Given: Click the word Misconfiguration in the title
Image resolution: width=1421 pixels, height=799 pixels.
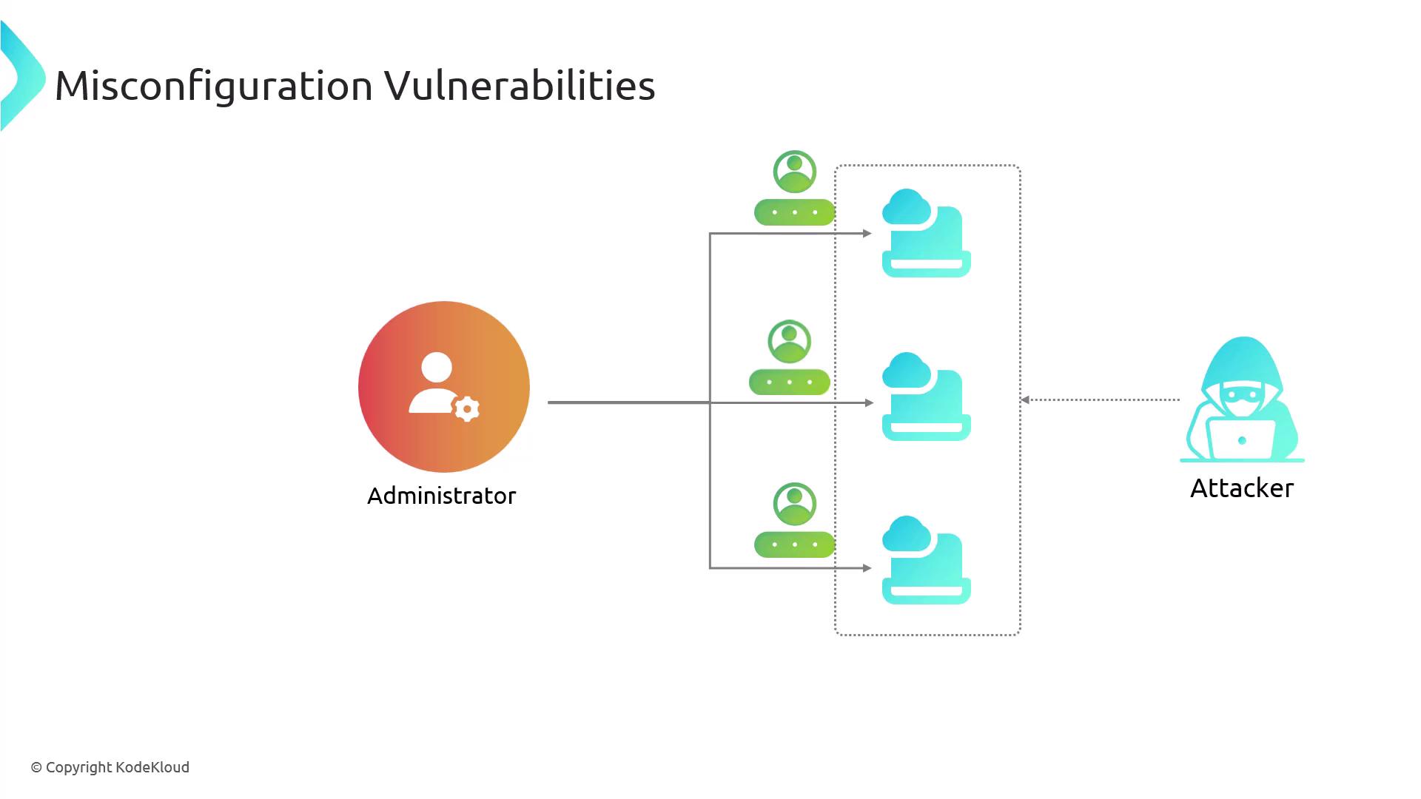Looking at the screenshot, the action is [x=214, y=86].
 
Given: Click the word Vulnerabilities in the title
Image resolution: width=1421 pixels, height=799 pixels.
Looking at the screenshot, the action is [x=520, y=85].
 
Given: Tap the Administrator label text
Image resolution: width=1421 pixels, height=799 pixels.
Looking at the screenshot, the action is [x=442, y=496].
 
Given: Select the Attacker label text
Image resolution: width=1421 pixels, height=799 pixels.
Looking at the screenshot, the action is [x=1242, y=488].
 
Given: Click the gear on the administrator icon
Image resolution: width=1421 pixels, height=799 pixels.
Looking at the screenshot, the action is [x=467, y=409].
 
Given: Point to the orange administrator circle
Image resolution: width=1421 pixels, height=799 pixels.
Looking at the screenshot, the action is [x=444, y=386].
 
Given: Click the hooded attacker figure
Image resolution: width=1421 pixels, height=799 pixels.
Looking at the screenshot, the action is [x=1243, y=399].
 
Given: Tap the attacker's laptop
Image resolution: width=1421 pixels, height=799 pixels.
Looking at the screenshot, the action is [x=1241, y=439].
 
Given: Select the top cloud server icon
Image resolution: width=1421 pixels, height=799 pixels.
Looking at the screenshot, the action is [x=926, y=233].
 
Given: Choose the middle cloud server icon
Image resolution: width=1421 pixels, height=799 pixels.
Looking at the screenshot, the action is [x=926, y=397].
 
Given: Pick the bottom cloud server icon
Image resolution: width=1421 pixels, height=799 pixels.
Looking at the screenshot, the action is [x=926, y=560].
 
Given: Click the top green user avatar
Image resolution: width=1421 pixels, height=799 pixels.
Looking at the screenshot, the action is [x=795, y=172].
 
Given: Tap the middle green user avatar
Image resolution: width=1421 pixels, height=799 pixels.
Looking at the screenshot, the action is [x=790, y=341].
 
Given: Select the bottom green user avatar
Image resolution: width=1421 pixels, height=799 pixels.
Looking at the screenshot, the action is [x=795, y=504].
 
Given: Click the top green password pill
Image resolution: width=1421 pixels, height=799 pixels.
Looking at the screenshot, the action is [x=795, y=212].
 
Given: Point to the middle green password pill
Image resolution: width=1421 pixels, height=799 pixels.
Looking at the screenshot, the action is [x=790, y=382].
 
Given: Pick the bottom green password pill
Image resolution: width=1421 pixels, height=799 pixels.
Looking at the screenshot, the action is [x=795, y=545].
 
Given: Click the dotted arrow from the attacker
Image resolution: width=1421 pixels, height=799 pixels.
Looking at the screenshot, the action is [x=1101, y=399].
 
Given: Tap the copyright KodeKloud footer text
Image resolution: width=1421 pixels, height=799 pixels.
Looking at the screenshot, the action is [x=110, y=767].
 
